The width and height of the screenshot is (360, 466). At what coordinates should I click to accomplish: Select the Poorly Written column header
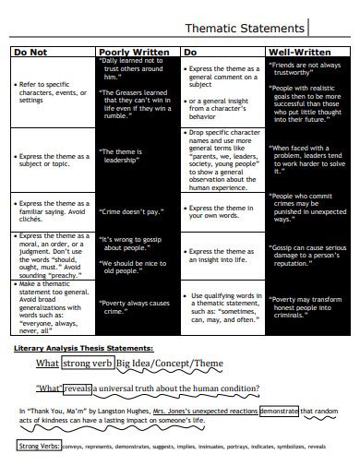[x=134, y=53]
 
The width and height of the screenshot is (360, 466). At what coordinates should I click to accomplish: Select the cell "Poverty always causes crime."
[x=134, y=306]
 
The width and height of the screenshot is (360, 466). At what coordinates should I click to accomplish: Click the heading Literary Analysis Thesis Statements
[x=84, y=348]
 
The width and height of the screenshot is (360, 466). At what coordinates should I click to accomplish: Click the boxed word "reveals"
[x=78, y=388]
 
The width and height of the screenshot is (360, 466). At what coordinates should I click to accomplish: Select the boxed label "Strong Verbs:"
[x=37, y=447]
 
